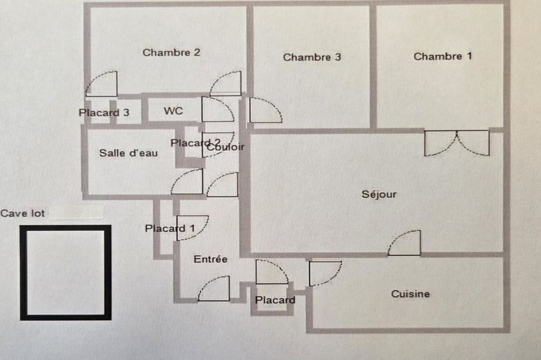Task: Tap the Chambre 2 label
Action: click(x=171, y=52)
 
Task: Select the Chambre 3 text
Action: click(x=312, y=57)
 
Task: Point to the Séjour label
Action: click(x=379, y=195)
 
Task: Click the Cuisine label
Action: click(x=411, y=294)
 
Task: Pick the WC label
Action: click(x=173, y=111)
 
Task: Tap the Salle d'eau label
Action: click(x=128, y=153)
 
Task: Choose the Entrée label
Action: click(x=210, y=259)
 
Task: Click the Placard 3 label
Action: click(x=104, y=113)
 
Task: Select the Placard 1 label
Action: click(x=170, y=228)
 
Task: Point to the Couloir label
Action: click(x=226, y=147)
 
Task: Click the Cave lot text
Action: click(x=23, y=213)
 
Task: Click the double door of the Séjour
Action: click(x=457, y=143)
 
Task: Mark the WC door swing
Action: click(x=216, y=110)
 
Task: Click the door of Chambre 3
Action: click(x=265, y=110)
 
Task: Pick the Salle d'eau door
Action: click(x=187, y=182)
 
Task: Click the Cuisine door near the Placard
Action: click(x=324, y=272)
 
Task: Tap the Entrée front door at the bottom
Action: click(x=214, y=289)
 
